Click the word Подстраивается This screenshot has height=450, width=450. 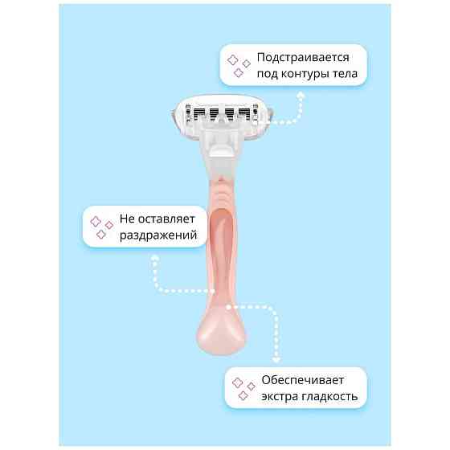[303, 57]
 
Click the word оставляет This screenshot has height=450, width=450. [166, 219]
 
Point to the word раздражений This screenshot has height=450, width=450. [158, 235]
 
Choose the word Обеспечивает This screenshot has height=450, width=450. [302, 380]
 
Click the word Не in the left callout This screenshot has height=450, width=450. [127, 219]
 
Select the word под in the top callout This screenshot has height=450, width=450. [267, 74]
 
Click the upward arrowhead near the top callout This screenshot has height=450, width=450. [301, 95]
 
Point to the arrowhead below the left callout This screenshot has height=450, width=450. [155, 258]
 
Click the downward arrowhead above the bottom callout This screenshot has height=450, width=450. [276, 360]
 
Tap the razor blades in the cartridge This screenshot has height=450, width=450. [222, 113]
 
